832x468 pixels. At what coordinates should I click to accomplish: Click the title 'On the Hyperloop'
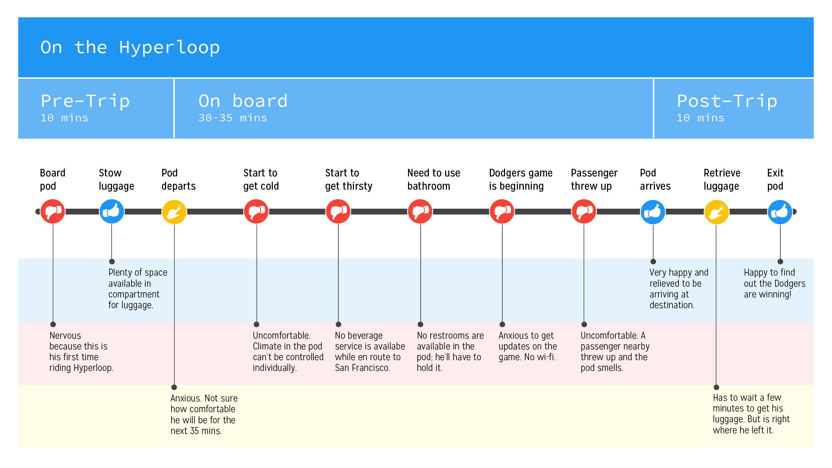130,47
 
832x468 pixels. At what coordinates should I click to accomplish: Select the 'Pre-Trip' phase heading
85,101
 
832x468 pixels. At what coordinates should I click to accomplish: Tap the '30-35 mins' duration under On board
233,118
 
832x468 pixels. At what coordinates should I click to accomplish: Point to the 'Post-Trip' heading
727,101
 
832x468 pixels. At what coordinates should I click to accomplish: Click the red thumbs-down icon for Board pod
53,211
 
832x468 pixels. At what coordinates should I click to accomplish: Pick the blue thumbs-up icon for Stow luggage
112,211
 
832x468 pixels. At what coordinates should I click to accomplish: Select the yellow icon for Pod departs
174,212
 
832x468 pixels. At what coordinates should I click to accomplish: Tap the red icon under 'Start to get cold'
256,211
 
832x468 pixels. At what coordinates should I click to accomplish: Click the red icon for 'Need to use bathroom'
420,211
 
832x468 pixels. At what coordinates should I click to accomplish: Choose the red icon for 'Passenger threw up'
584,211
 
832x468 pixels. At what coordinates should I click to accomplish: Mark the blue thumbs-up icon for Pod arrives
653,212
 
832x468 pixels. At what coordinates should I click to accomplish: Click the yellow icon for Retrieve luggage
717,212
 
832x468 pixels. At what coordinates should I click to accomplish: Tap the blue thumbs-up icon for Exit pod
780,212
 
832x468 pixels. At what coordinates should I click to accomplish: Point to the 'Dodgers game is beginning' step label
521,180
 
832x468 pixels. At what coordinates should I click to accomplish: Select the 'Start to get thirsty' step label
349,180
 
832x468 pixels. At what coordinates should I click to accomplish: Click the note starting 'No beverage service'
370,352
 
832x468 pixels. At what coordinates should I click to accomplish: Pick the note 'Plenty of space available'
138,288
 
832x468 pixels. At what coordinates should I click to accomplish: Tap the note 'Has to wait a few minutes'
751,414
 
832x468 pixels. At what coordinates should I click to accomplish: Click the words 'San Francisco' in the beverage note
362,367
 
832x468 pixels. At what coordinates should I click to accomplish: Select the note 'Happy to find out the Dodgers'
774,283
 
